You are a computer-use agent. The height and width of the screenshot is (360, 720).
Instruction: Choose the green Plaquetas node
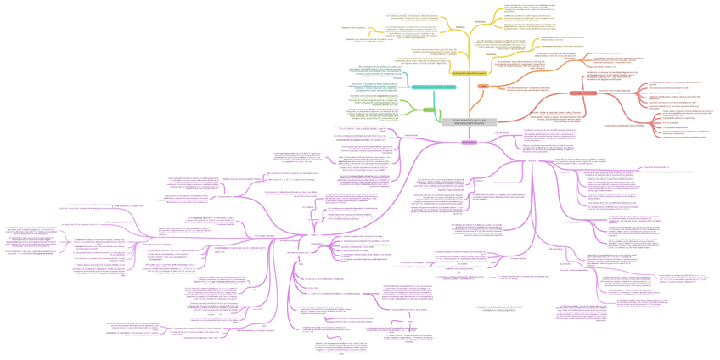[x=430, y=110]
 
